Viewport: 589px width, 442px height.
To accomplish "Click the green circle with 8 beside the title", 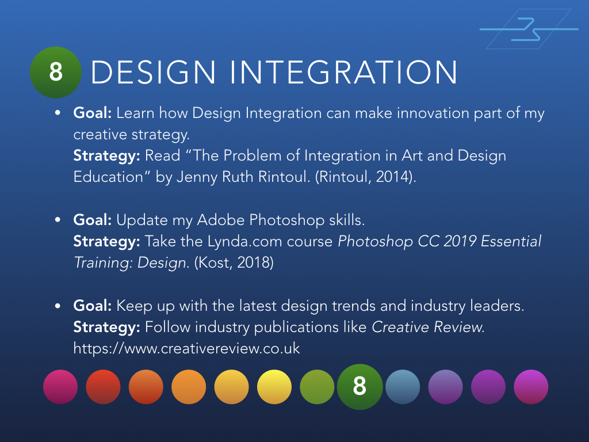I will pyautogui.click(x=55, y=72).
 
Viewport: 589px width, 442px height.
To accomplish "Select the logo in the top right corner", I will pyautogui.click(x=528, y=29).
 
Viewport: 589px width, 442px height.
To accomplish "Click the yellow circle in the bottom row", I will pyautogui.click(x=274, y=387).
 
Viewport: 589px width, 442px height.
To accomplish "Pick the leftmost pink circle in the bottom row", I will pyautogui.click(x=60, y=387).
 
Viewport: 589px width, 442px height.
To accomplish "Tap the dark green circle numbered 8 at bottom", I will pyautogui.click(x=359, y=387).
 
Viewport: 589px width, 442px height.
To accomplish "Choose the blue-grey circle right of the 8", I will pyautogui.click(x=403, y=387).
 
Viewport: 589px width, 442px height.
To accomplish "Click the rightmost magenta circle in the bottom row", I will pyautogui.click(x=531, y=387).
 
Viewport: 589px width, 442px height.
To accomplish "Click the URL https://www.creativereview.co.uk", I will pyautogui.click(x=187, y=349).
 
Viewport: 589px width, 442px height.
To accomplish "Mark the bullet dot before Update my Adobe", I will pyautogui.click(x=58, y=220).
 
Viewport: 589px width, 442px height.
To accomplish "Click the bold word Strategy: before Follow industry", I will pyautogui.click(x=106, y=327).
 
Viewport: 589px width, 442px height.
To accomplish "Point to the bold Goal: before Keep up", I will pyautogui.click(x=92, y=306).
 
